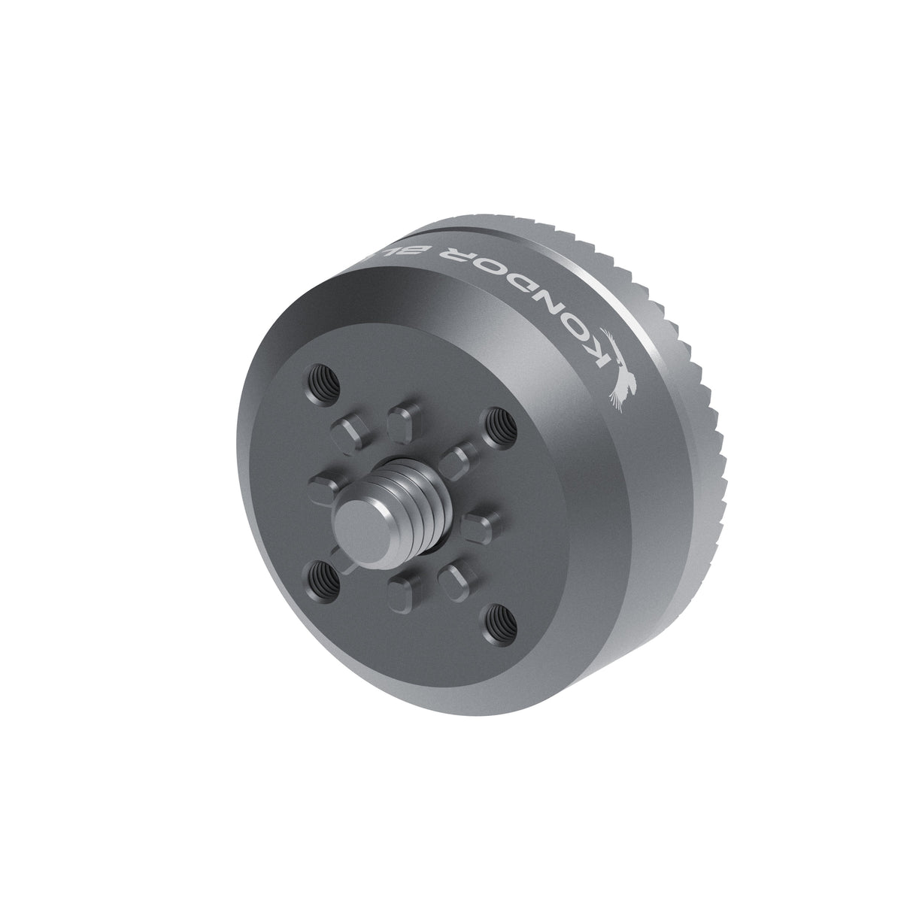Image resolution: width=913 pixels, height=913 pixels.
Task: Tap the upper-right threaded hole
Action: tap(496, 427)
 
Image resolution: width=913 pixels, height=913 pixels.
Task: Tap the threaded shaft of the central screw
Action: tap(414, 499)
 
